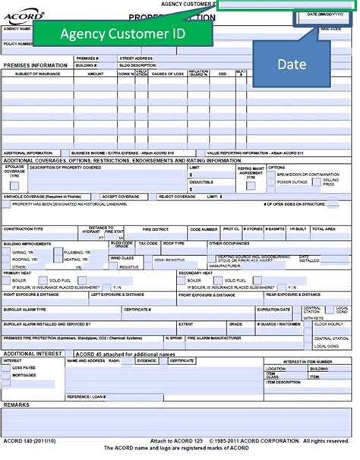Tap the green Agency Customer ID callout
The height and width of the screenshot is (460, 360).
121,33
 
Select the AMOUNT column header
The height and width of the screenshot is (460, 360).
96,74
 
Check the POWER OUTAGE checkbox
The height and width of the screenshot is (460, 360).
272,182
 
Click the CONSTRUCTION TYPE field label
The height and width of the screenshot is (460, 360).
24,228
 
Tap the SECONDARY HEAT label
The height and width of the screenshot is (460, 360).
194,272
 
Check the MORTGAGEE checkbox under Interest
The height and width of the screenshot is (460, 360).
8,375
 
